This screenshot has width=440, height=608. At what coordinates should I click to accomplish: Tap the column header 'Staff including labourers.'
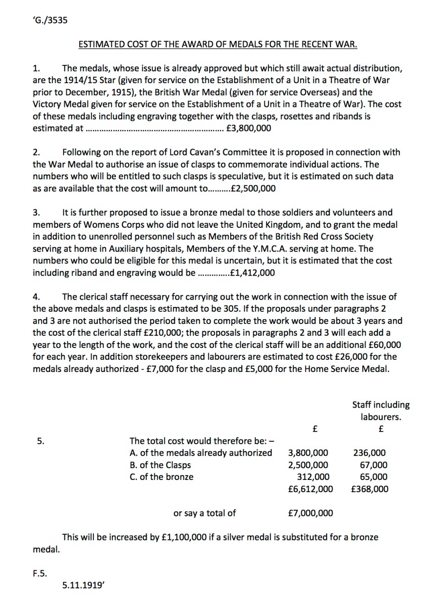pyautogui.click(x=381, y=411)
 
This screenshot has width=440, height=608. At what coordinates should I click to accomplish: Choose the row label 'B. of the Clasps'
pyautogui.click(x=160, y=465)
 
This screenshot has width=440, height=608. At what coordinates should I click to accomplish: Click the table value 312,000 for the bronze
pyautogui.click(x=313, y=477)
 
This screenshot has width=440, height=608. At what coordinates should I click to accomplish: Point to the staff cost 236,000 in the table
pyautogui.click(x=369, y=453)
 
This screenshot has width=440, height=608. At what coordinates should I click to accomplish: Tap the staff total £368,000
pyautogui.click(x=370, y=489)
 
